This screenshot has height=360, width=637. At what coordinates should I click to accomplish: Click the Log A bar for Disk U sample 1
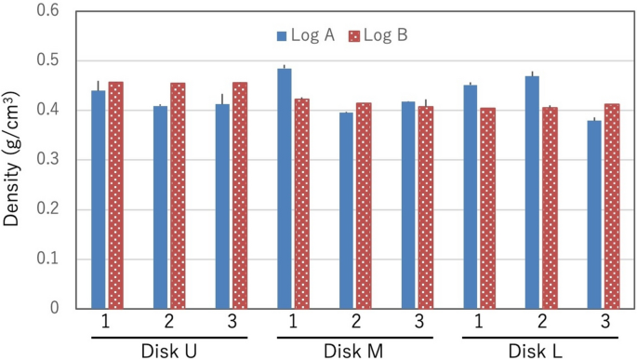click(98, 199)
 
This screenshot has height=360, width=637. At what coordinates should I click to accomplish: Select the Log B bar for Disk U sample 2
click(178, 195)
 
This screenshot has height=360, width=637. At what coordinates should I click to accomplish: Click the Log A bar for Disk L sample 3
click(594, 214)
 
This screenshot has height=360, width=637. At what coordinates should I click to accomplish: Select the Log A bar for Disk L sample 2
click(532, 192)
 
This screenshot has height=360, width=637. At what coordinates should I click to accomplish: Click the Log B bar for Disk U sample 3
click(240, 195)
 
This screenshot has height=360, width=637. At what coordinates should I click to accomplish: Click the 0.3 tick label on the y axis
click(46, 159)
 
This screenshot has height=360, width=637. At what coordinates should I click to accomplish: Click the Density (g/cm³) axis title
click(14, 158)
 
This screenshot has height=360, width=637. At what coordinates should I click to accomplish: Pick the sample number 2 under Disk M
click(355, 322)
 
